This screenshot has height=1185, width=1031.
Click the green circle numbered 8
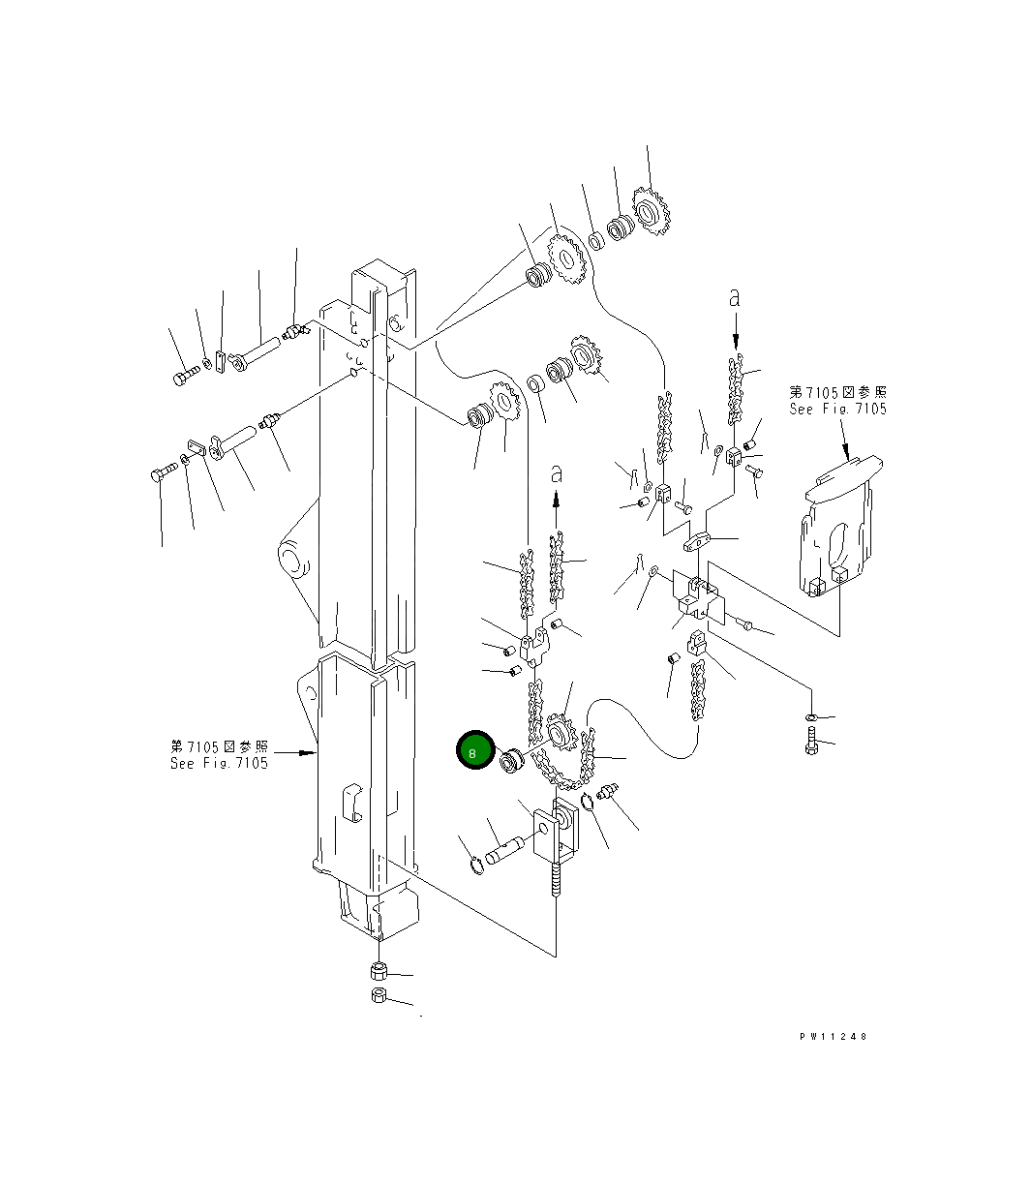(472, 751)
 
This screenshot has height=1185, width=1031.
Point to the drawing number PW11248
(833, 1036)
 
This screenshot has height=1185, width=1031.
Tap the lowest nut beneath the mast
(379, 997)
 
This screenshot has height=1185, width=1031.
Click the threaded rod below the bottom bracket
(557, 886)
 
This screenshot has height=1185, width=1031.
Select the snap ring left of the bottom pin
(476, 865)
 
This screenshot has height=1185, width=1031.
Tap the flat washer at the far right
(810, 716)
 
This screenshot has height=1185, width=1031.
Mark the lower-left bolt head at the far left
(160, 474)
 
